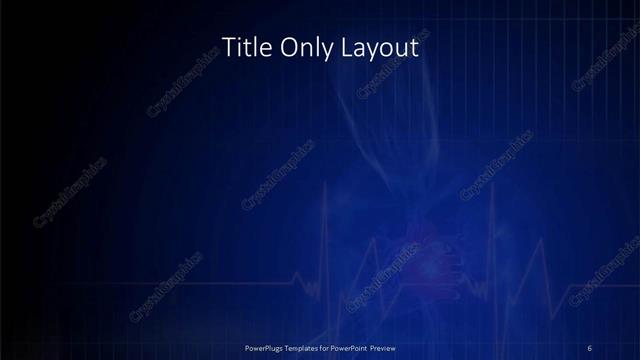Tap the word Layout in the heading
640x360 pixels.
tap(382, 47)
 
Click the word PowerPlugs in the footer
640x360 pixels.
tap(267, 347)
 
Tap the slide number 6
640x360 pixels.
tap(590, 347)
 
